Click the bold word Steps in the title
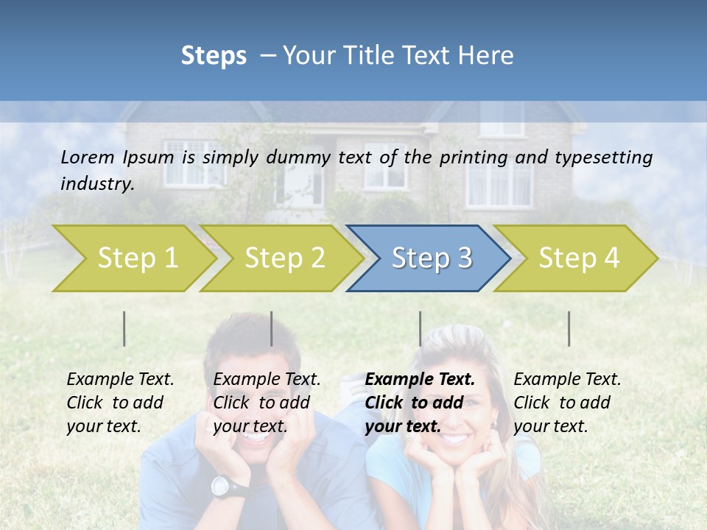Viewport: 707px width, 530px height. pyautogui.click(x=214, y=56)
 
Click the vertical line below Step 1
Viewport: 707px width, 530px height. pyautogui.click(x=124, y=328)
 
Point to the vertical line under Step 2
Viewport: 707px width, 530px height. pyautogui.click(x=272, y=328)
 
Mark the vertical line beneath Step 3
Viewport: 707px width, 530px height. pyautogui.click(x=420, y=328)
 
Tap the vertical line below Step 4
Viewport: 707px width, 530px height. pyautogui.click(x=569, y=328)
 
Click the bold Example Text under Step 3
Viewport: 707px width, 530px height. pyautogui.click(x=420, y=380)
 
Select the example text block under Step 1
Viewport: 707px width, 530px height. pyautogui.click(x=120, y=403)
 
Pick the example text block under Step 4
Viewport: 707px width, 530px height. pyautogui.click(x=567, y=403)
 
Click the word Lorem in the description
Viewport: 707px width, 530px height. pyautogui.click(x=88, y=157)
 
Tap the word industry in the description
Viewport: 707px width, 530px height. pyautogui.click(x=96, y=183)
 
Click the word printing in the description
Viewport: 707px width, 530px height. pyautogui.click(x=473, y=157)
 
